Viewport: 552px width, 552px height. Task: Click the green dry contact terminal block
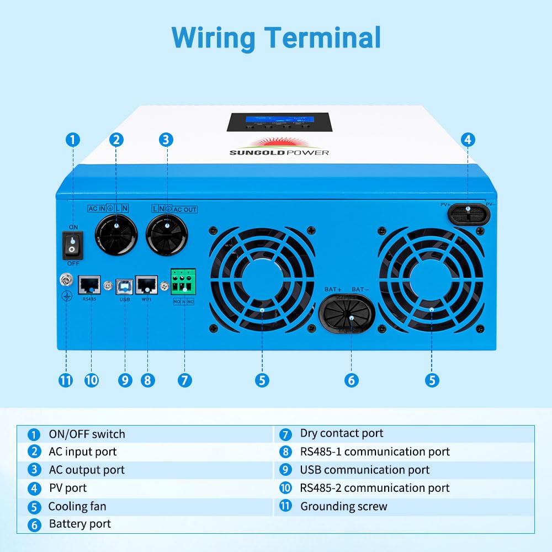pyautogui.click(x=183, y=283)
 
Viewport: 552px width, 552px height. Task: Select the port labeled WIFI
pyautogui.click(x=147, y=285)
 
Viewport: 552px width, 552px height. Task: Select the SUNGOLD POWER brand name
pyautogui.click(x=279, y=152)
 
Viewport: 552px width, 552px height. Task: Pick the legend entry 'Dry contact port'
pyautogui.click(x=341, y=434)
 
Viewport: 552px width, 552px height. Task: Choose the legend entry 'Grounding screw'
pyautogui.click(x=343, y=506)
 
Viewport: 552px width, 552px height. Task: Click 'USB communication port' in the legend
pyautogui.click(x=364, y=470)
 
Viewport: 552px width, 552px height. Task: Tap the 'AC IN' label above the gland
pyautogui.click(x=96, y=209)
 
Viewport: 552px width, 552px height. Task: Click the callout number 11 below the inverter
pyautogui.click(x=66, y=380)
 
